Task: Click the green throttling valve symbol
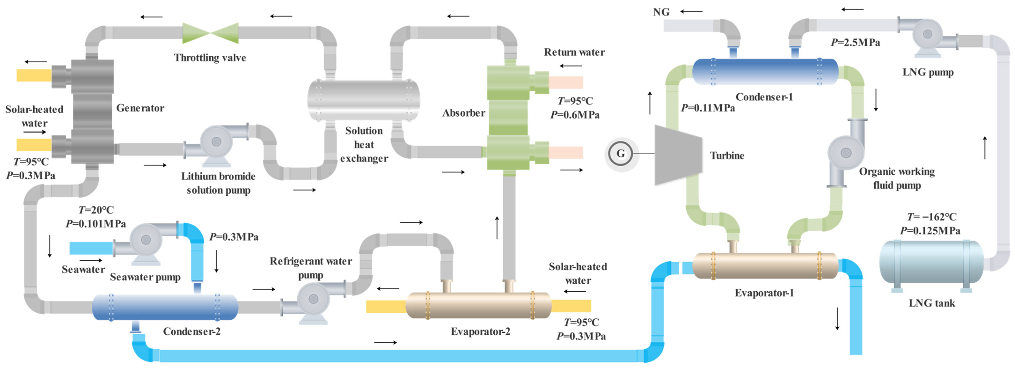tap(210, 33)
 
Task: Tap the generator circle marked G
tap(621, 154)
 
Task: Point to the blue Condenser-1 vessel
tap(765, 72)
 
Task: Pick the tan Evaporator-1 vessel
tap(765, 266)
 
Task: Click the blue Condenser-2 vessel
tap(165, 307)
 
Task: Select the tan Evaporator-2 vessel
tap(478, 305)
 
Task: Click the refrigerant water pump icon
tap(314, 301)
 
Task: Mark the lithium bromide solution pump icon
tap(216, 144)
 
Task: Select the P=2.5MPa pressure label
tap(855, 42)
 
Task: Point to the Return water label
tap(574, 52)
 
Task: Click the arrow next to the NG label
tap(691, 12)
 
